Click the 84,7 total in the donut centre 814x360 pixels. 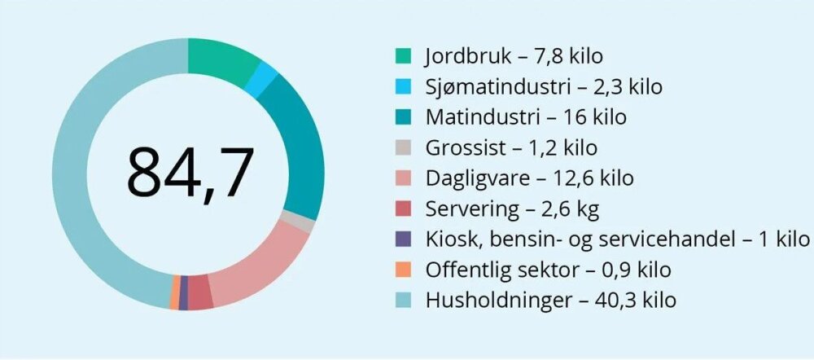click(x=189, y=173)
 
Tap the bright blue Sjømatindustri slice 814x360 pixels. click(x=265, y=80)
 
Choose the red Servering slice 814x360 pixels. click(x=200, y=292)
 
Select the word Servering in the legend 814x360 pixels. click(x=471, y=209)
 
